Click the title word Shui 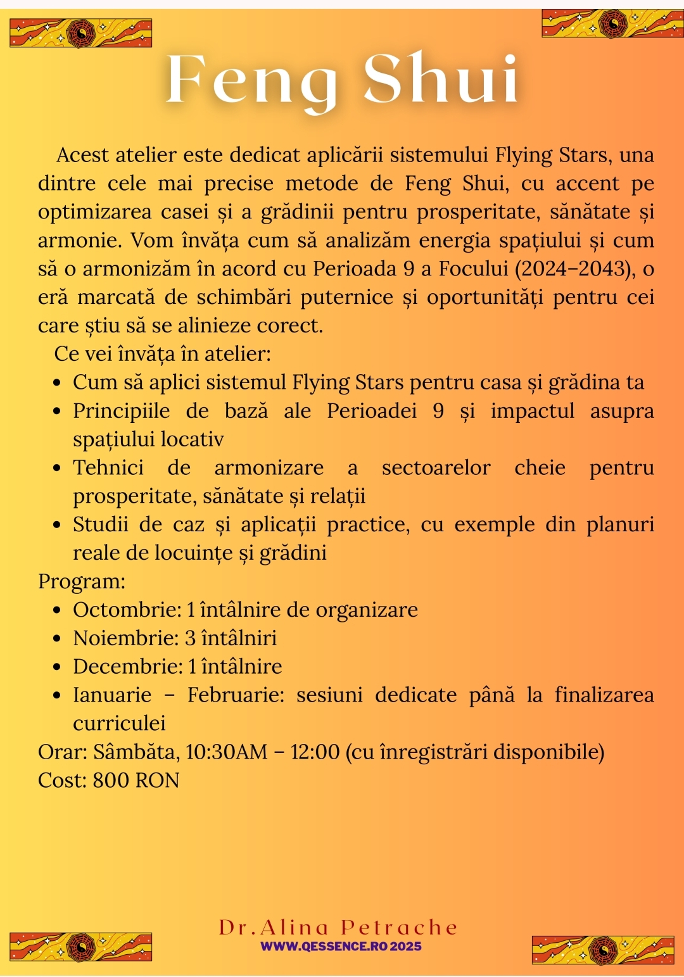(x=441, y=79)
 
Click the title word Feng (x=251, y=81)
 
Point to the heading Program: (x=82, y=581)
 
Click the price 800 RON (x=136, y=780)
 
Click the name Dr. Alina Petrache (x=338, y=928)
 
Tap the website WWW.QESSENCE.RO (x=323, y=947)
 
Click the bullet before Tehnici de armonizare (x=58, y=469)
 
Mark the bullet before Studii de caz (x=58, y=525)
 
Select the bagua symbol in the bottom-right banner (x=603, y=949)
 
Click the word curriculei (x=119, y=723)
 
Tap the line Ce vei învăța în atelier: (x=162, y=354)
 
